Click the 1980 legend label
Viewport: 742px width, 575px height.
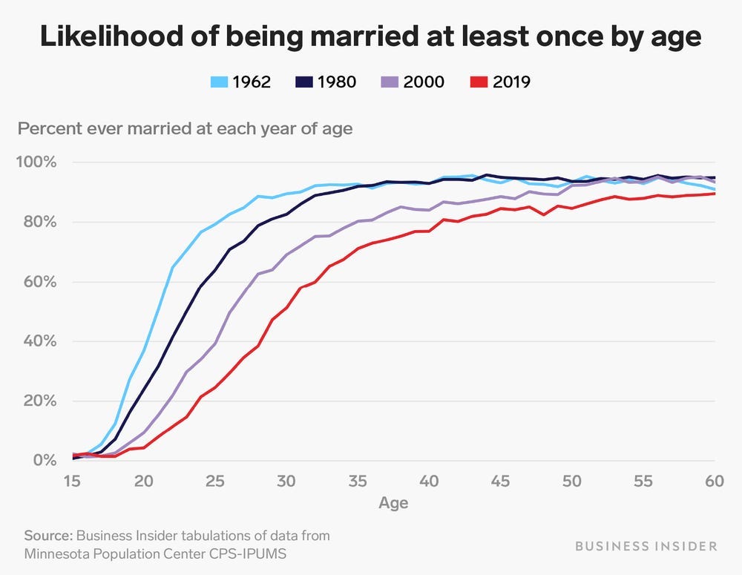(x=336, y=82)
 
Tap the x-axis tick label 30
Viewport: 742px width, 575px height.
(x=286, y=481)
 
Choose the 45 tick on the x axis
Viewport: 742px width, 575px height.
(x=501, y=481)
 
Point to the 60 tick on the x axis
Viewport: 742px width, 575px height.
(x=713, y=481)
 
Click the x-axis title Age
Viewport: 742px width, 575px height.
(x=393, y=503)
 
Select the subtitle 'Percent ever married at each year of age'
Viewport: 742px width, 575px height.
(x=185, y=128)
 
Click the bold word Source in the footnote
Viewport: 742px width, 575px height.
(x=48, y=535)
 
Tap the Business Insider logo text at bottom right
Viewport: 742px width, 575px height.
(x=646, y=547)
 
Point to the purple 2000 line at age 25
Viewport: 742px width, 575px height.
(x=215, y=343)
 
